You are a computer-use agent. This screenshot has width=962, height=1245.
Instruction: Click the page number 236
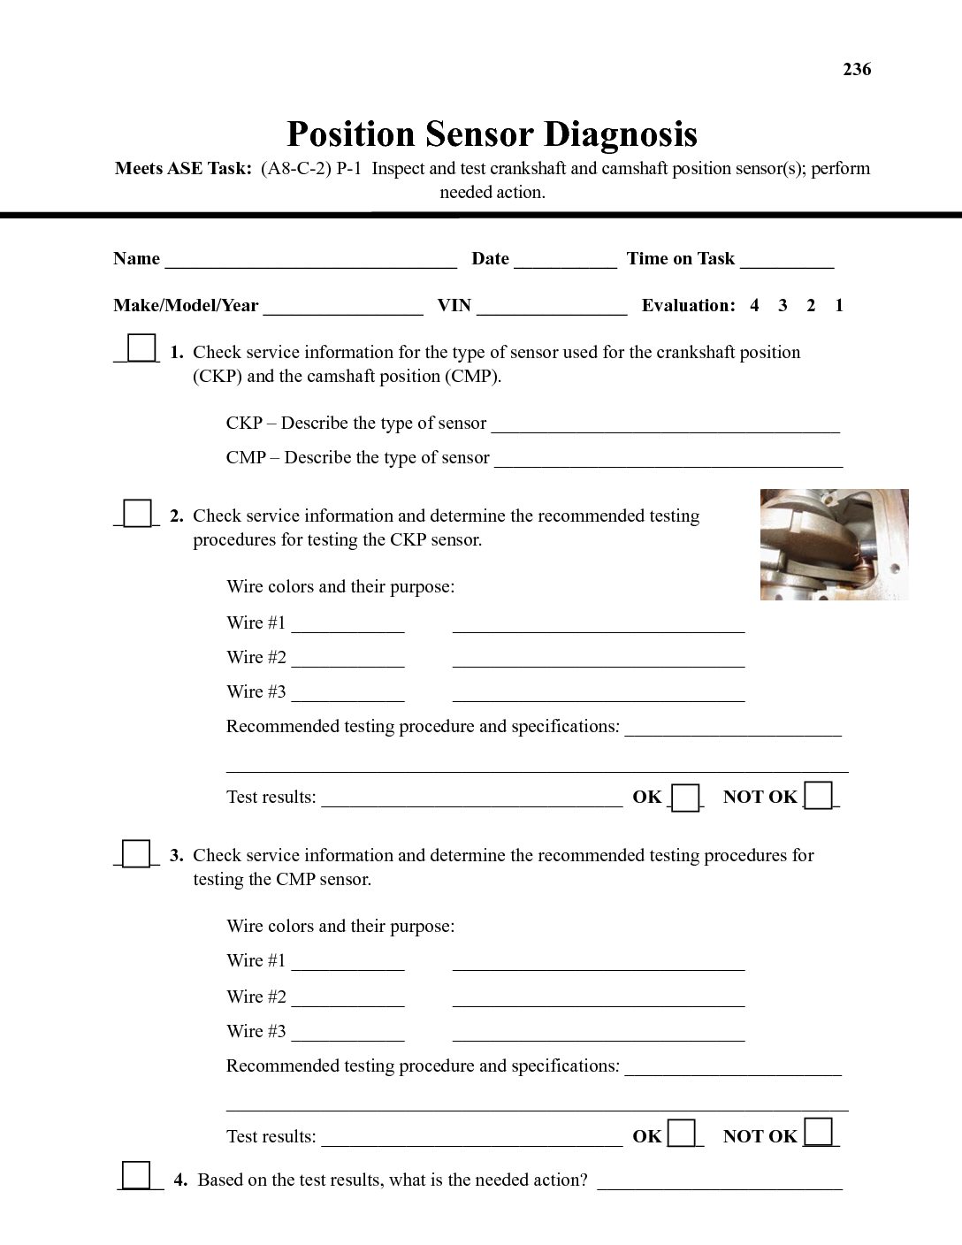[x=857, y=69]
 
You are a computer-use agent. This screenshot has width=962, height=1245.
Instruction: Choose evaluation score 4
[x=754, y=306]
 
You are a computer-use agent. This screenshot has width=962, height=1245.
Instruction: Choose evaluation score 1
[x=839, y=306]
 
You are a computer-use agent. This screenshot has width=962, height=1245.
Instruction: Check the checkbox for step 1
[x=141, y=348]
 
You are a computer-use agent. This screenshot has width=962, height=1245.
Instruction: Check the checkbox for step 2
[x=137, y=513]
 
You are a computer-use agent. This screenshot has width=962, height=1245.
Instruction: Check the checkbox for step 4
[x=136, y=1175]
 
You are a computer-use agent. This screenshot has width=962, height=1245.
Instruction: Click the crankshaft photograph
[x=834, y=545]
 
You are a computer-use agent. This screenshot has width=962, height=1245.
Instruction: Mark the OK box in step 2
[x=685, y=798]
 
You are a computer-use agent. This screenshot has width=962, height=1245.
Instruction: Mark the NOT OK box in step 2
[x=819, y=796]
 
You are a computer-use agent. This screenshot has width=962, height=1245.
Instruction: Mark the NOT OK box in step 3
[x=819, y=1133]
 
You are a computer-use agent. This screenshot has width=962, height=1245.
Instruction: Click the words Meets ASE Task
[x=183, y=169]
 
